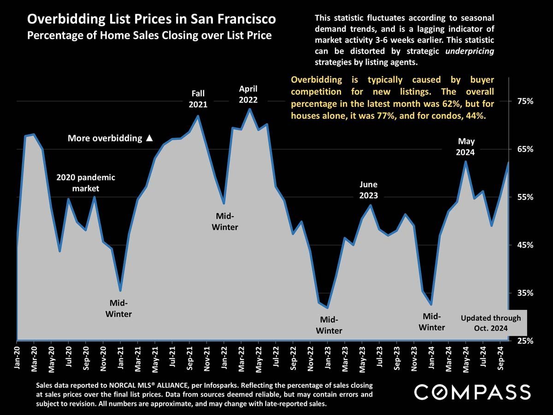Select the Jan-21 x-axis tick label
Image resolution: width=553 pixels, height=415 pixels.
pyautogui.click(x=121, y=358)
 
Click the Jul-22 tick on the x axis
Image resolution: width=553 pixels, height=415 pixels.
pyautogui.click(x=276, y=358)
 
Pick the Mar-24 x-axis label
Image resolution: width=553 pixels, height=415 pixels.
pyautogui.click(x=449, y=358)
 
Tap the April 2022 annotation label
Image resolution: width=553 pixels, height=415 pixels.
pyautogui.click(x=248, y=94)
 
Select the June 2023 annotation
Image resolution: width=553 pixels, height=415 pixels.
pyautogui.click(x=369, y=190)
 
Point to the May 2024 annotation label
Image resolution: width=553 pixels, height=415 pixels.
pyautogui.click(x=466, y=147)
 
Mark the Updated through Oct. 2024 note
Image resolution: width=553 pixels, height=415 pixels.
pyautogui.click(x=491, y=323)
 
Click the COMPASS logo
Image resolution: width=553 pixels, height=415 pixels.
pyautogui.click(x=472, y=392)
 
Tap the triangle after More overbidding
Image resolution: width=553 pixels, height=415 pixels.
pyautogui.click(x=149, y=138)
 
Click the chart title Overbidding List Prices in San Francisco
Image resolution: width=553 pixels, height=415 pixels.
pyautogui.click(x=152, y=19)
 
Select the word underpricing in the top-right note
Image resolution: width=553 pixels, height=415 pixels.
pyautogui.click(x=470, y=51)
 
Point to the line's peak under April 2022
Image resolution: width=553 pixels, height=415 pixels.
pyautogui.click(x=249, y=109)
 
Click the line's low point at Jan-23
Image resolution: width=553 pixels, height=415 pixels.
pyautogui.click(x=327, y=308)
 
